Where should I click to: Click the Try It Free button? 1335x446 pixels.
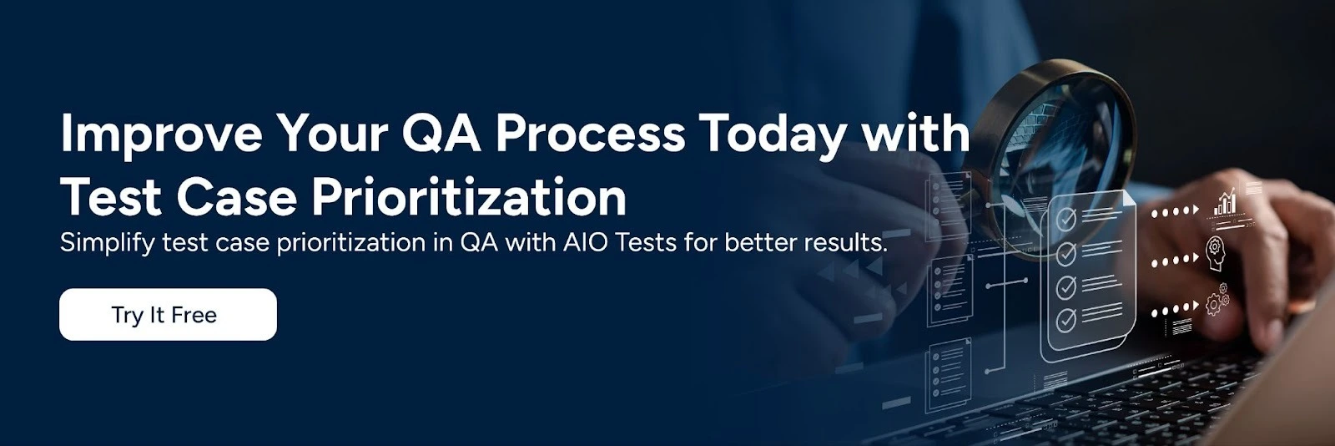[167, 315]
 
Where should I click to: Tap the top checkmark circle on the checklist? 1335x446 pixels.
[1065, 220]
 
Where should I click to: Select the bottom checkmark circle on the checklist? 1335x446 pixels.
[1065, 319]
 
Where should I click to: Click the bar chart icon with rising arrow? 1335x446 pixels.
[1226, 203]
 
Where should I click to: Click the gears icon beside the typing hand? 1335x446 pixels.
[1217, 299]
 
